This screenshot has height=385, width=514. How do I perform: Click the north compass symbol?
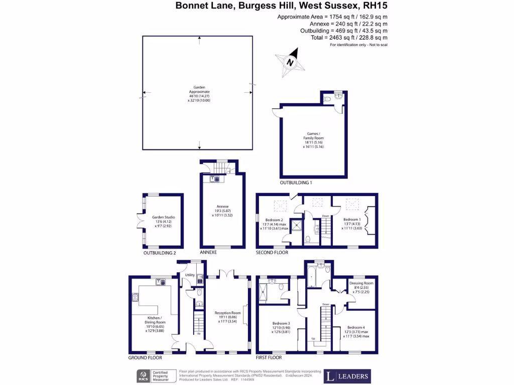[290, 62]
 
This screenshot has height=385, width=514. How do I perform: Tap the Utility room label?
[190, 275]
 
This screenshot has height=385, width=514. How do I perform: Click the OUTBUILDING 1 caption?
[296, 183]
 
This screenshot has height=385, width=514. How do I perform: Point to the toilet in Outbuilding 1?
[328, 99]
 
